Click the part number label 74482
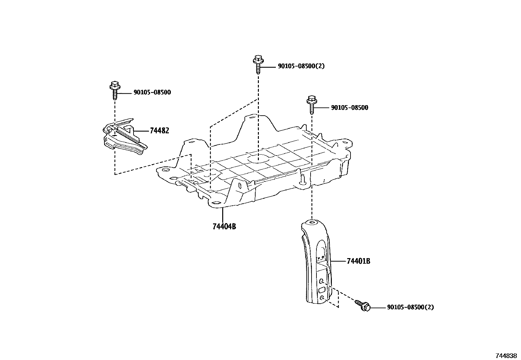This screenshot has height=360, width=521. [159, 131]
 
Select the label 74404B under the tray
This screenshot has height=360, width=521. [224, 226]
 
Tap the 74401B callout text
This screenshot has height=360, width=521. [358, 261]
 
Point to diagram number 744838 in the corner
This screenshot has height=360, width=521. [506, 355]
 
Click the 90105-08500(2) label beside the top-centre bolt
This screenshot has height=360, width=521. [301, 66]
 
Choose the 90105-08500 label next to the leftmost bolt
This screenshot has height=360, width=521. [152, 93]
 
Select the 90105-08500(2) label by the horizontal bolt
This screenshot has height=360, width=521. [410, 307]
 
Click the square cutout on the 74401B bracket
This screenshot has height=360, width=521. [322, 290]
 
